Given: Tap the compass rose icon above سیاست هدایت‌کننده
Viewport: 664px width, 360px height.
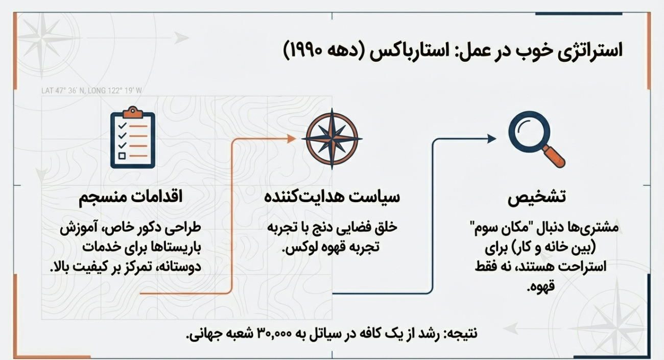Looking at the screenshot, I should (x=331, y=139).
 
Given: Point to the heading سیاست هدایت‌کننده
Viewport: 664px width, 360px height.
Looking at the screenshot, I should (x=331, y=198).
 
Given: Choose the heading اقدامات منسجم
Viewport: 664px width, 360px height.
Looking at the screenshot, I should (x=131, y=198).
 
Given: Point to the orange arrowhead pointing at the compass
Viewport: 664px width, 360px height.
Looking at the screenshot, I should (x=292, y=138).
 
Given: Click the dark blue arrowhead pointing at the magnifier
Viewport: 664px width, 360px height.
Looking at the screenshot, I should (x=491, y=138).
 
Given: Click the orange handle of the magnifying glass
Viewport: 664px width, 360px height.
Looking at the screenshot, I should (x=554, y=156).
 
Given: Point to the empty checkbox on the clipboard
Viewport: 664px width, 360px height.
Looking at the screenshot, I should (x=122, y=156).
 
